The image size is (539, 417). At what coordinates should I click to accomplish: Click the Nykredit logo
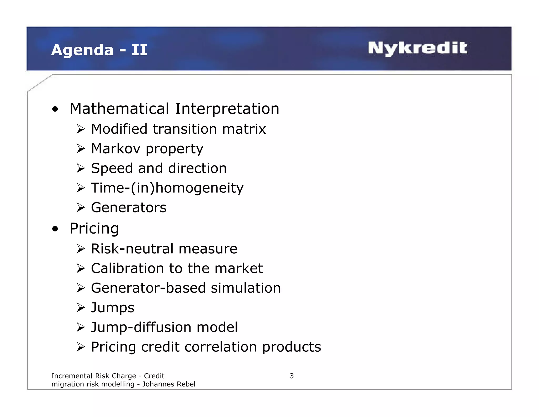point(417,48)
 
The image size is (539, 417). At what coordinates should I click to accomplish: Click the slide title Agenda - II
point(99,50)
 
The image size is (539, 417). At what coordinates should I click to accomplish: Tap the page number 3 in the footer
point(292,376)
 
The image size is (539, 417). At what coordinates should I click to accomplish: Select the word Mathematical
point(119,109)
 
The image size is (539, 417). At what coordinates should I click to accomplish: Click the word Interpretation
point(227,109)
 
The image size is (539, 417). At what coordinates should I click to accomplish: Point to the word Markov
point(116,148)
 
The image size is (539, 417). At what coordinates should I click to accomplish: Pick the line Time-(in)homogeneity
point(167,188)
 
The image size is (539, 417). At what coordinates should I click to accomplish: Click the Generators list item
point(128,207)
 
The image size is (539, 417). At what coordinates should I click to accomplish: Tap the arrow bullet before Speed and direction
point(81,168)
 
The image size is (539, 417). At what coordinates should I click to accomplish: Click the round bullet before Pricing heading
point(55,229)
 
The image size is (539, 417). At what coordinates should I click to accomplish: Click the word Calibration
point(127,268)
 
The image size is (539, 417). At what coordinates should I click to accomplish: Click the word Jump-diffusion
point(141,327)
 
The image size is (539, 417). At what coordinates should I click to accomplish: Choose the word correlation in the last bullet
point(221,347)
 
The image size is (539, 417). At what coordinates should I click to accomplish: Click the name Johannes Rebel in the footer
point(169,384)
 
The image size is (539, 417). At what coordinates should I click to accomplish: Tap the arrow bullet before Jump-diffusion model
point(81,327)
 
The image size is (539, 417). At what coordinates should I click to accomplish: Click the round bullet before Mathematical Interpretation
point(55,109)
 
